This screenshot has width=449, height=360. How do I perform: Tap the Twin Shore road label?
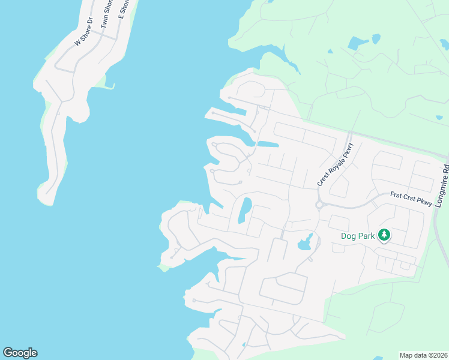point(107,13)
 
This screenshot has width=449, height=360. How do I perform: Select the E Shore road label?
point(124,8)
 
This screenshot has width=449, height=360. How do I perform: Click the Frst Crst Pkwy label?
point(411,199)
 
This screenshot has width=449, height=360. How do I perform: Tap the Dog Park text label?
point(358,236)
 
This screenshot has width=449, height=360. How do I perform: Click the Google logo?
point(20,353)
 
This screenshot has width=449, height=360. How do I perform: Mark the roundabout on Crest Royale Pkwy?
point(320,205)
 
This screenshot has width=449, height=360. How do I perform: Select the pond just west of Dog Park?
point(304,242)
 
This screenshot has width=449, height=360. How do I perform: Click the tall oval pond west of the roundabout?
point(245,209)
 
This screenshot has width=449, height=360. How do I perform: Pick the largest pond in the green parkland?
point(358,43)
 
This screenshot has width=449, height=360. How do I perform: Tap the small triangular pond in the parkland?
point(376,38)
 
